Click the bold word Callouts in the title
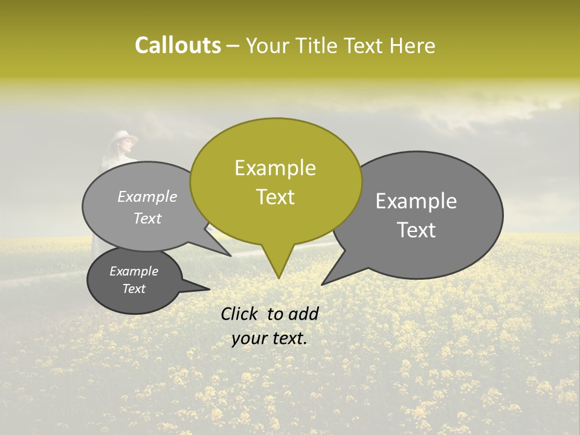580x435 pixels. [x=178, y=45]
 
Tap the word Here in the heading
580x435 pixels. [x=412, y=45]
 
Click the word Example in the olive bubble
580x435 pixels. [x=275, y=168]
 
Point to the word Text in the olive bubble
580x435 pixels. [x=275, y=197]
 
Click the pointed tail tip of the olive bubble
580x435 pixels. [x=279, y=278]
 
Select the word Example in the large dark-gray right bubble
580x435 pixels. [x=416, y=201]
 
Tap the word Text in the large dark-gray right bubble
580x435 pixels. [x=416, y=230]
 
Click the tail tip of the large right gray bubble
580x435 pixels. [x=322, y=284]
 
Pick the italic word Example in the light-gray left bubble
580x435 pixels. [x=147, y=197]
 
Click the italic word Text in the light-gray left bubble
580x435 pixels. [x=147, y=219]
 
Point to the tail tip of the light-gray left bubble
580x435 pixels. [x=231, y=256]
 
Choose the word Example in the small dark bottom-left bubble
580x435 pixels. [x=134, y=271]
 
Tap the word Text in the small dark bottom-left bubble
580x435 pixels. [x=134, y=289]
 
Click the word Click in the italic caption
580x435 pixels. [x=239, y=314]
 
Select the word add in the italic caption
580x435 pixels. [x=304, y=314]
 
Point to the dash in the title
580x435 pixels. [x=233, y=46]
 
